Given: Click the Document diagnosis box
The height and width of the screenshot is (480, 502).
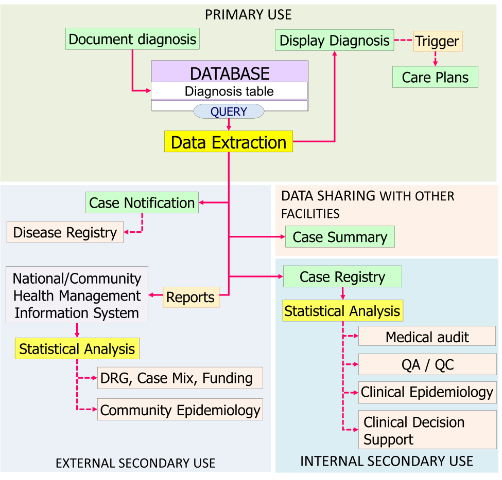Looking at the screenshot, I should coord(132,39).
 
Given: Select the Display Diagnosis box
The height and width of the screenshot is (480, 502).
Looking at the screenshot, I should coord(335,41).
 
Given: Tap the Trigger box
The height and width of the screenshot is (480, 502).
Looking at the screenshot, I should coord(438,41).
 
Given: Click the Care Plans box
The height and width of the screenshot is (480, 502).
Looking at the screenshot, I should coord(435,77).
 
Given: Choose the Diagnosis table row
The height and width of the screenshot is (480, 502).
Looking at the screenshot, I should coord(230,91).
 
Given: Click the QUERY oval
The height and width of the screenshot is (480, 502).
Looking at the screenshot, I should coord(229,112).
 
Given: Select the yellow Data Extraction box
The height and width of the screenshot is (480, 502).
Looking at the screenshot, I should coord(229,142).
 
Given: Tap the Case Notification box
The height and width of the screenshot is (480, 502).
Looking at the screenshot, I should coord(142,202).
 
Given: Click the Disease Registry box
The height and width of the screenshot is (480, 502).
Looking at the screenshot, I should coord(65,232).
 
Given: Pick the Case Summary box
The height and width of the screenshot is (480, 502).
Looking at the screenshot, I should coord(340,237).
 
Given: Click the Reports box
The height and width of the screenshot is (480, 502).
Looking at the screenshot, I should coord(191,297).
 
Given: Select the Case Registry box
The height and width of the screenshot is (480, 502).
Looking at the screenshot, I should coord(342,277).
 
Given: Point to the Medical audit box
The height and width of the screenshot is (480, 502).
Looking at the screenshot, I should coord(427,337).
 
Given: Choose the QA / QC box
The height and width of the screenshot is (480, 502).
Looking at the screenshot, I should coord(427,365).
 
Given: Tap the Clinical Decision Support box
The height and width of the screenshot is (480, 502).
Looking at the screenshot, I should coord(427,431).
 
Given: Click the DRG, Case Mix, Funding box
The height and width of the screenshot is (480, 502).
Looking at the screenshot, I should coord(180,378).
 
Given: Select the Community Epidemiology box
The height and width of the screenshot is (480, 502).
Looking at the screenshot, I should coord(180,410).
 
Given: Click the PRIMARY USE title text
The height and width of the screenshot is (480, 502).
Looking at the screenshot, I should coord(248,14).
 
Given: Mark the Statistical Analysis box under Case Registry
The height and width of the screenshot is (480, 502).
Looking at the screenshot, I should coord(342,311).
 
